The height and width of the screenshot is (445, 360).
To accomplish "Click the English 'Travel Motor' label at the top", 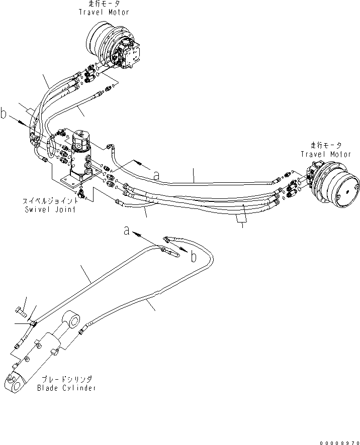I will pos(103,12).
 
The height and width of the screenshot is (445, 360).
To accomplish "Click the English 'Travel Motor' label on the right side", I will pos(326,155).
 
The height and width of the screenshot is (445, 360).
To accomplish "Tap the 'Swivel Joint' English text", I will pos(50,209).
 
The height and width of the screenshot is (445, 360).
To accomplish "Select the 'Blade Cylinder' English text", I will pos(66,388).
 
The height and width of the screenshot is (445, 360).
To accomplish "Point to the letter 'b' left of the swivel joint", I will pos(4,116).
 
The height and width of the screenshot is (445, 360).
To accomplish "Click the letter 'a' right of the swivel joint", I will pos(156,175).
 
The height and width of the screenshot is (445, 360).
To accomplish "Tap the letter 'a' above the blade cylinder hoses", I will pos(127,231).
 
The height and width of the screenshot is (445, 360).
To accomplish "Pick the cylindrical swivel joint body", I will pos(80,153).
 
